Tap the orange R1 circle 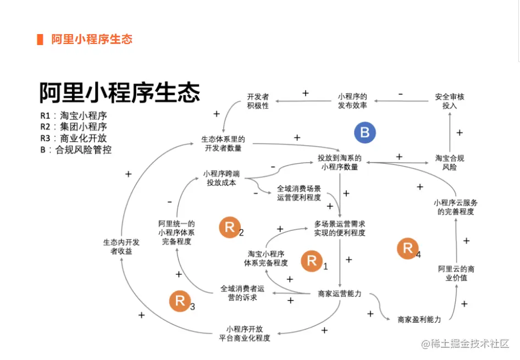tap(312, 261)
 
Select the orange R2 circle tap(230, 228)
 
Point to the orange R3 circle tap(180, 301)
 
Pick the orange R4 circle tap(408, 248)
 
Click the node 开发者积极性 tap(258, 101)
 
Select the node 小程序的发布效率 tap(352, 101)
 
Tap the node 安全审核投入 tap(450, 101)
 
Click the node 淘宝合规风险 tap(450, 162)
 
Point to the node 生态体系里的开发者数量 tap(223, 143)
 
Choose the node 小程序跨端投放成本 tap(221, 178)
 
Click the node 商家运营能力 tap(340, 293)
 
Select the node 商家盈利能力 tap(419, 319)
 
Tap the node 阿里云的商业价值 tap(456, 273)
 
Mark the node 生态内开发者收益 tap(121, 247)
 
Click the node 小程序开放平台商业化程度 tap(245, 333)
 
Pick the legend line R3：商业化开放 tap(73, 138)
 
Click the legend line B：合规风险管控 tap(75, 149)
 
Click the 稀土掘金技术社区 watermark tap(466, 344)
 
